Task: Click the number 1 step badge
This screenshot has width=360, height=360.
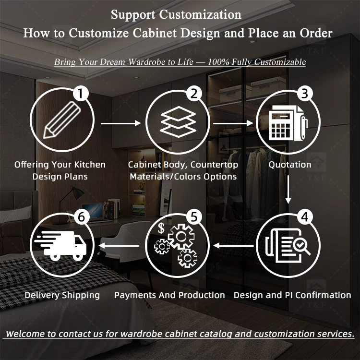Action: click(x=83, y=93)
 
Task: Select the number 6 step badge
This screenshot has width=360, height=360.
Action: click(x=83, y=217)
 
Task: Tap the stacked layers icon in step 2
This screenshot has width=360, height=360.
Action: click(x=178, y=121)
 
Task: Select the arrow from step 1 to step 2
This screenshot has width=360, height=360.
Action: click(x=121, y=123)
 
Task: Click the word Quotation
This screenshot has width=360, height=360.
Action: click(x=290, y=165)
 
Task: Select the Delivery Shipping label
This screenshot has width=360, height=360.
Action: click(x=62, y=295)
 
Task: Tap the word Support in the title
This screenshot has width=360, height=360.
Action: click(x=130, y=14)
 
